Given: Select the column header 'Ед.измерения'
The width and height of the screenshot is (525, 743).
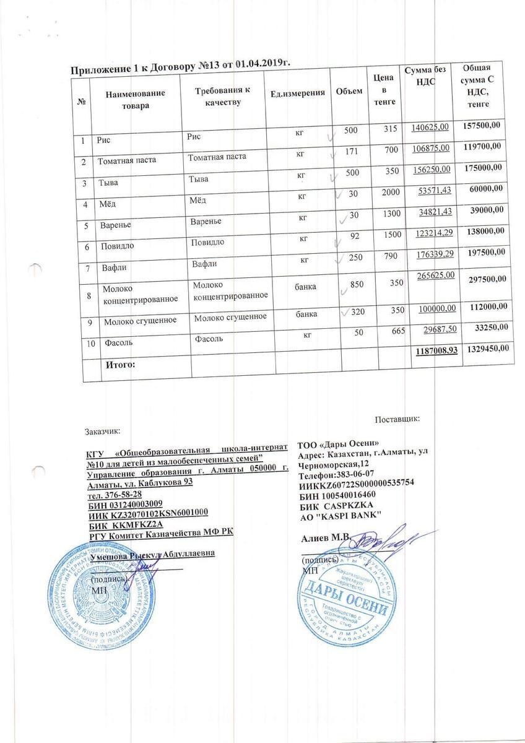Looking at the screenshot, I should pyautogui.click(x=298, y=93).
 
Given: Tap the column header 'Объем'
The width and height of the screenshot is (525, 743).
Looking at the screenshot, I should pyautogui.click(x=349, y=92).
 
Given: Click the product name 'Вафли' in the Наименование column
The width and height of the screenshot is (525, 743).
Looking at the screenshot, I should pyautogui.click(x=112, y=268).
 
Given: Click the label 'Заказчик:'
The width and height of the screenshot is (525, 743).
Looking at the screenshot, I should pyautogui.click(x=103, y=430).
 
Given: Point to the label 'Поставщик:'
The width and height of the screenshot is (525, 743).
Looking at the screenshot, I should pyautogui.click(x=397, y=419).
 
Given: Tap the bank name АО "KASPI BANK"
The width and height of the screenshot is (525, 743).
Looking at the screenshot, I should pyautogui.click(x=341, y=515).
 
